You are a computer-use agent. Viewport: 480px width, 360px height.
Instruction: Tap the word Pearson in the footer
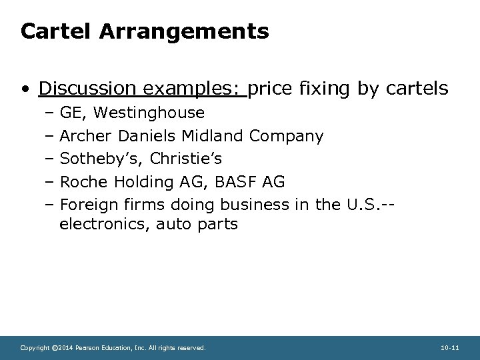click(x=85, y=347)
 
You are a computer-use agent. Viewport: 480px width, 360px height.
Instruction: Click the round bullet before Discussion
click(x=25, y=89)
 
